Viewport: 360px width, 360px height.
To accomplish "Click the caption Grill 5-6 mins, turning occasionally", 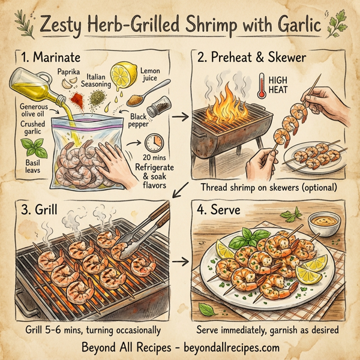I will [x=93, y=329].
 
